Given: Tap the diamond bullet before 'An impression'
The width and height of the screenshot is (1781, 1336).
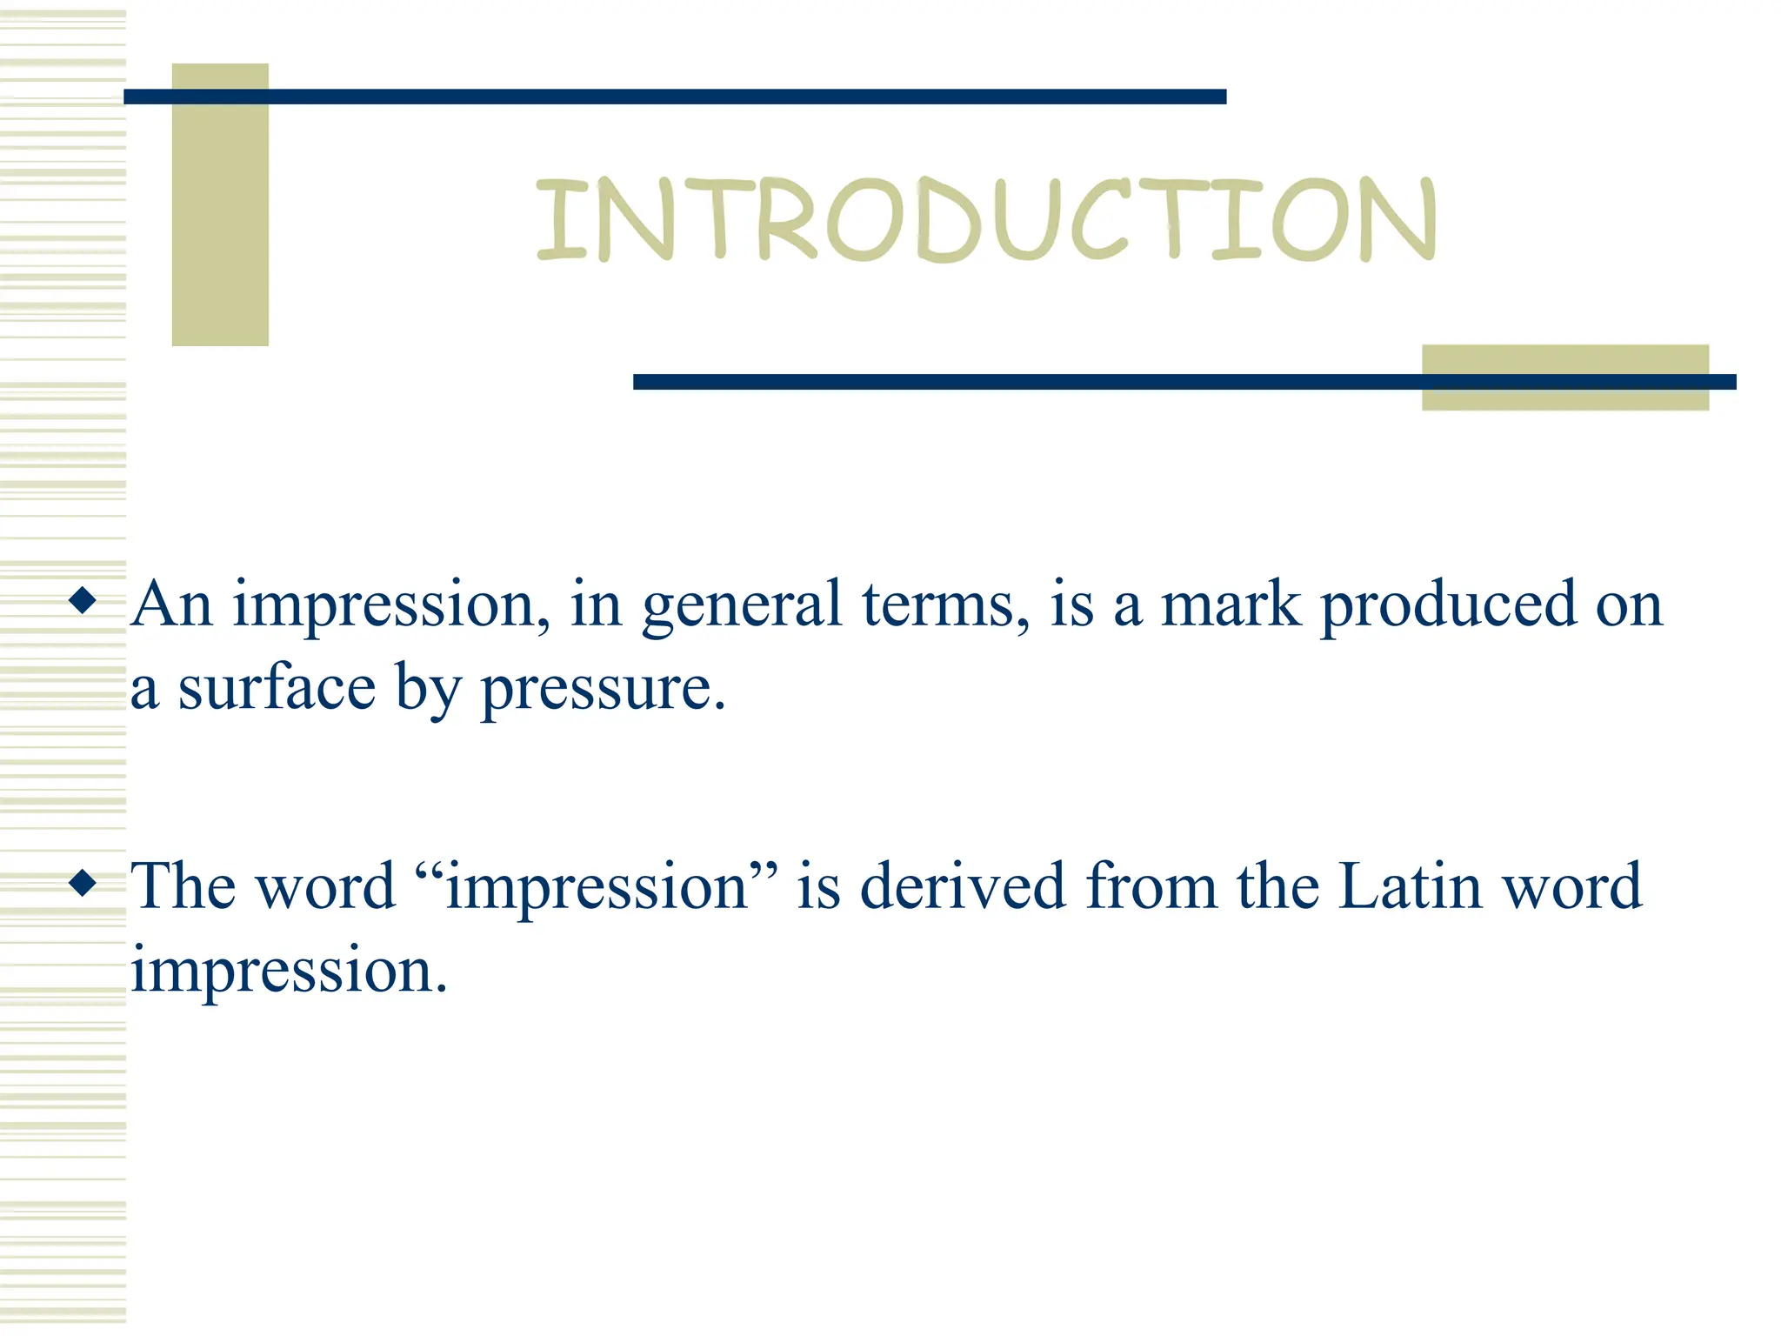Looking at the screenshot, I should point(83,600).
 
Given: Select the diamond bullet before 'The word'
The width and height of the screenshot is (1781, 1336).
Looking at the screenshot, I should point(83,883).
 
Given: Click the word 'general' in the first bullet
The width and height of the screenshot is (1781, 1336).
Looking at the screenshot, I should point(742,606).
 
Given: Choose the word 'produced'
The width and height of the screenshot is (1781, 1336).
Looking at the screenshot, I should point(1448,606).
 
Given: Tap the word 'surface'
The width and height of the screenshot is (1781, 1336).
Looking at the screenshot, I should point(277,689).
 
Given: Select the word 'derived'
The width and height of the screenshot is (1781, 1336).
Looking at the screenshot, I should point(962,886).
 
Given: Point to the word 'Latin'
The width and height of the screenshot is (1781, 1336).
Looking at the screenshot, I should point(1410,886).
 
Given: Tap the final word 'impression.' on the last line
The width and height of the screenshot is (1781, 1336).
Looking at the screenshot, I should point(289,972).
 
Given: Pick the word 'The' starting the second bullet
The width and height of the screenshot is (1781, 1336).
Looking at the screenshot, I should point(183,886).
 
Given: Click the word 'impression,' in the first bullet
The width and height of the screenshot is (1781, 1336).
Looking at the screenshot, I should point(390,606).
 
